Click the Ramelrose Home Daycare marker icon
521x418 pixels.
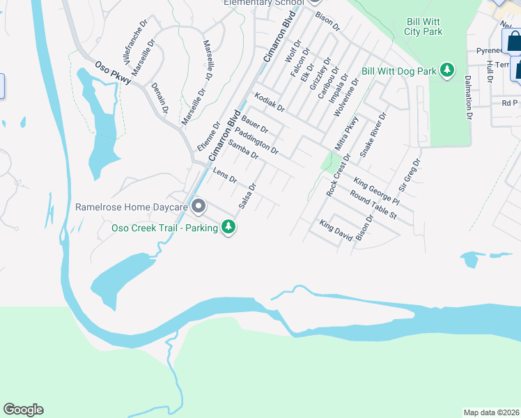coord(199,207)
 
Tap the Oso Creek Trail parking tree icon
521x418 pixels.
coord(228,227)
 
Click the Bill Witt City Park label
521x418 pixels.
coord(423,26)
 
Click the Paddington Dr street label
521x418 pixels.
coord(256,141)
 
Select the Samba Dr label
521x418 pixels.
coord(243,151)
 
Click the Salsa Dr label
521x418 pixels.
coord(248,196)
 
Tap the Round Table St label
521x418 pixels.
coord(373,206)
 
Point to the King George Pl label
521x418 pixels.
coord(376,192)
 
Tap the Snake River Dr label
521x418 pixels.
coord(373,133)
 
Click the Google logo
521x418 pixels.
coord(23,410)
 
